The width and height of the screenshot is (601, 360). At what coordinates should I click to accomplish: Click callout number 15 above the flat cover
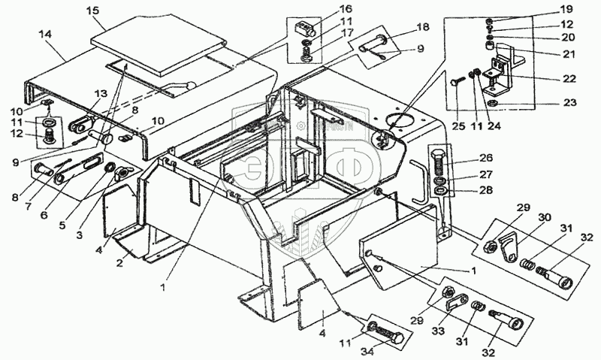pyautogui.click(x=92, y=11)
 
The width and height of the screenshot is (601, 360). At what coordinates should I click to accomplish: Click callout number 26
pyautogui.click(x=485, y=158)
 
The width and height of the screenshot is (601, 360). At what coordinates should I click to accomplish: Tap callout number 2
pyautogui.click(x=118, y=264)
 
